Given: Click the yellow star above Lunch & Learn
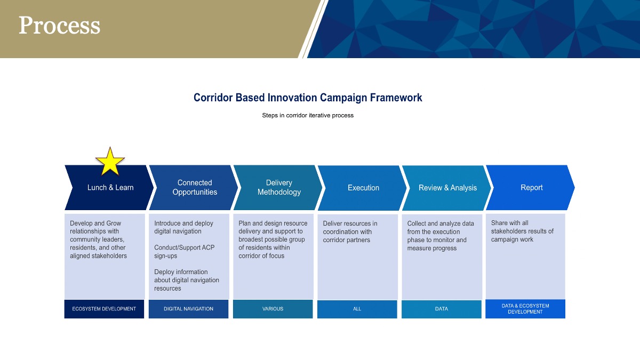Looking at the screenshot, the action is [110, 162].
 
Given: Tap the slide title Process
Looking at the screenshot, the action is [59, 25].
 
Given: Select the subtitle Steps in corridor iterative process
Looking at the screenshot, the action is [308, 115].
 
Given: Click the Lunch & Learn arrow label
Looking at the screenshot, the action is [110, 187].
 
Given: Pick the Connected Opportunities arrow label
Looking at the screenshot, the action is [195, 187].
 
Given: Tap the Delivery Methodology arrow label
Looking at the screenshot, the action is [279, 187].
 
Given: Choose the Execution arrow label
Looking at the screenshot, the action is [363, 188].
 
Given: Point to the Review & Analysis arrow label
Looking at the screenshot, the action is [447, 188].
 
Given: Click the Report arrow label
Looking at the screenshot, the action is [531, 187].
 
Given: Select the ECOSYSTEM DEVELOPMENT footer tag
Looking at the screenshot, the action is [104, 309].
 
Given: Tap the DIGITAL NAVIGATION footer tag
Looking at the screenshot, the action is [188, 309].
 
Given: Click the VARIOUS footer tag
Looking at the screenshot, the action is [273, 309].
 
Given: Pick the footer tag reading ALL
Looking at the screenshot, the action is [357, 309].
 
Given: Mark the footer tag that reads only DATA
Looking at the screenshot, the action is [442, 309].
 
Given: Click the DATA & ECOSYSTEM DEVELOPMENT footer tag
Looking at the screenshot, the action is [525, 309].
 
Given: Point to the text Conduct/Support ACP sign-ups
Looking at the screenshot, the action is [185, 251].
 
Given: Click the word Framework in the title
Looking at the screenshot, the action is [396, 98].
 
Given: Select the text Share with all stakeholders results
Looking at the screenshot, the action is [522, 227].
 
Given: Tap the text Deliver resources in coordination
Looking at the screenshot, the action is [350, 227].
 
